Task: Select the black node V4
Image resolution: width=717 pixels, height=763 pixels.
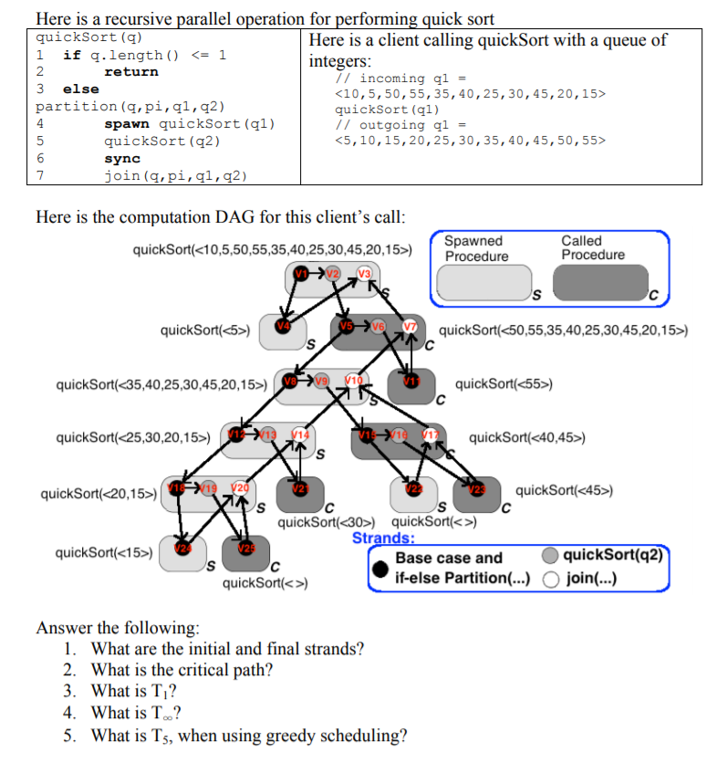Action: (284, 327)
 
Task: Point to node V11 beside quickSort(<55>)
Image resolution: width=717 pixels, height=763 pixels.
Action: (410, 381)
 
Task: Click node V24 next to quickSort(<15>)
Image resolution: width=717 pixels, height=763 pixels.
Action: (183, 548)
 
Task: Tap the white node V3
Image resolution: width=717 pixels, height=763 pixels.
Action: (365, 274)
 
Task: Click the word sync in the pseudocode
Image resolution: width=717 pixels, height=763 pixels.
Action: (122, 158)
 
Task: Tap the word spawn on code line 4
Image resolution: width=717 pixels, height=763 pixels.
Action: (128, 123)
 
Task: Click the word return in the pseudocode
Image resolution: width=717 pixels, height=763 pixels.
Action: (131, 71)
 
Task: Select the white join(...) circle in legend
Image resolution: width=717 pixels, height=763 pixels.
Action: (550, 577)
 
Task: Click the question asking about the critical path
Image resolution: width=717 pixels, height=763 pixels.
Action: (182, 670)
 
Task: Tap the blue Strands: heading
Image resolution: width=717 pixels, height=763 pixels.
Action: (383, 537)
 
